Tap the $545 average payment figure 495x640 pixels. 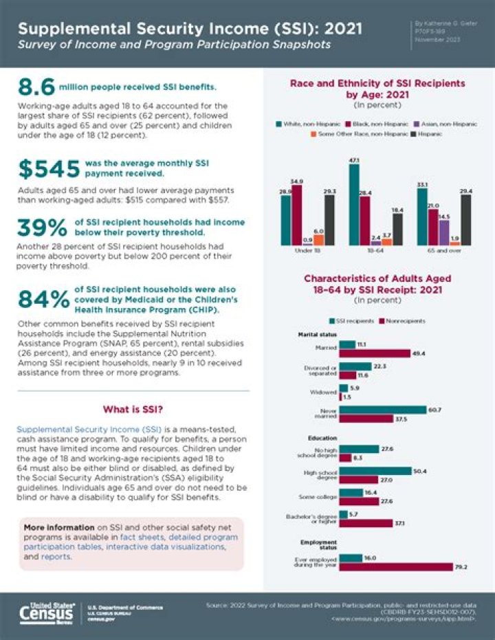pos(47,170)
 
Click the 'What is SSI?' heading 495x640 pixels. pos(133,410)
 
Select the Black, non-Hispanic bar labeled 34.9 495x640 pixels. pos(296,214)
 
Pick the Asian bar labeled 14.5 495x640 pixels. pos(443,232)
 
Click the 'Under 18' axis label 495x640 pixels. pos(302,252)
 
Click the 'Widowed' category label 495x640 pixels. pos(324,392)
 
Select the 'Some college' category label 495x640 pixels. pos(320,496)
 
